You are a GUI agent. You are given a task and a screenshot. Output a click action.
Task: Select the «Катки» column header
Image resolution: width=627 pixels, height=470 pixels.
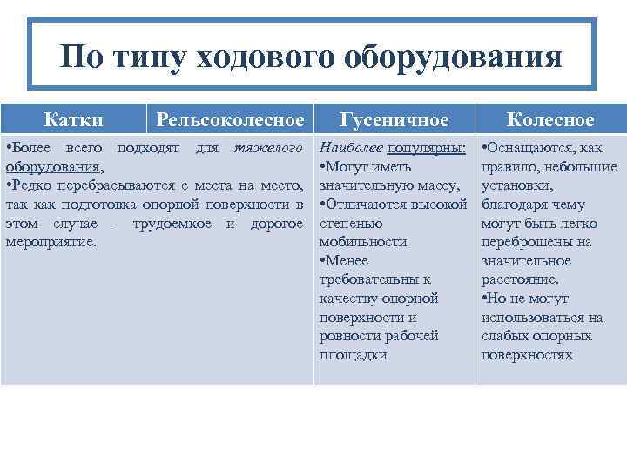[73, 119]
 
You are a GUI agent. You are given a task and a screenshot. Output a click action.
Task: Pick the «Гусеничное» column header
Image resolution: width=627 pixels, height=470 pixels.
[394, 120]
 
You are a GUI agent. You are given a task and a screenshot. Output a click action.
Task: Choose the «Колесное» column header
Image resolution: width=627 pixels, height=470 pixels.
[550, 120]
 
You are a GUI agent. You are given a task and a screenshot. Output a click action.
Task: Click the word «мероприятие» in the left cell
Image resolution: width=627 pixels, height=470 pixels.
[50, 241]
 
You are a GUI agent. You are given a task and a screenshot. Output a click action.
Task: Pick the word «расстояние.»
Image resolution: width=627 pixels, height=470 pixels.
[520, 279]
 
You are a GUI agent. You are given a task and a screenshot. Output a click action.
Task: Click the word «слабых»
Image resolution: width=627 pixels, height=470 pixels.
[504, 336]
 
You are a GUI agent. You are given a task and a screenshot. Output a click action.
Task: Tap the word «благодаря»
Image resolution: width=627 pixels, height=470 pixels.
[510, 205]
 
